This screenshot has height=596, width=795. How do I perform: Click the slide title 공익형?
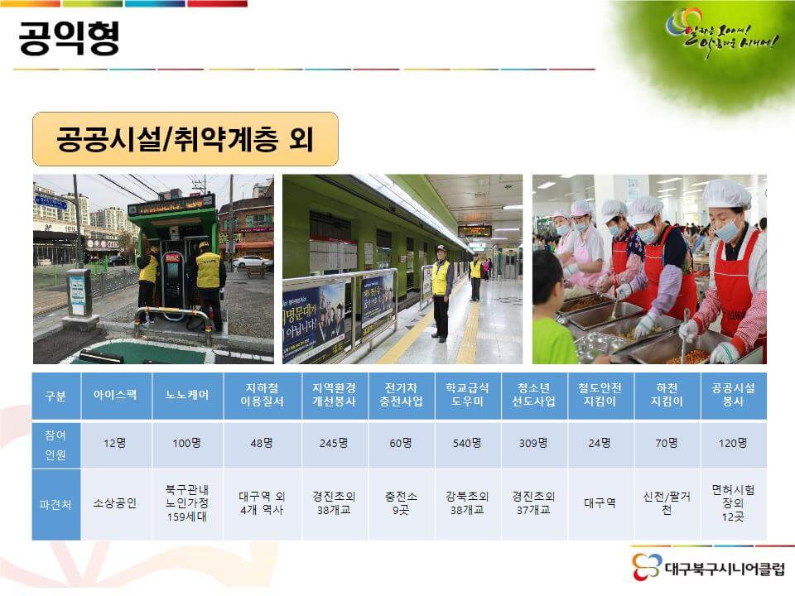pos(70,37)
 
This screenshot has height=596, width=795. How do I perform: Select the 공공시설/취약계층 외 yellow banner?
pos(185,139)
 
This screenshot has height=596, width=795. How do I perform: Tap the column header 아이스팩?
pos(115,396)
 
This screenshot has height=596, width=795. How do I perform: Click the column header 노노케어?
pos(186,396)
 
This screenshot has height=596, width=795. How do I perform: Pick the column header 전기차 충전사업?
pos(401,396)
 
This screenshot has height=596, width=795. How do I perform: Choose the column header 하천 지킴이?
pos(667,396)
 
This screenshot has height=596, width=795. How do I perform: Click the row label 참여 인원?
pos(55,444)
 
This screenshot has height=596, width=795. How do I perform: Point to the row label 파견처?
pos(55,503)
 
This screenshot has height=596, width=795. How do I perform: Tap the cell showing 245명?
pos(334,443)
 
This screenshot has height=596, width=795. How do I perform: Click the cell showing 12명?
pos(115,443)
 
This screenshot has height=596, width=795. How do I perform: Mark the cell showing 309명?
pos(534,443)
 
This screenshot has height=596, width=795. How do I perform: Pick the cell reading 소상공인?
pos(115,503)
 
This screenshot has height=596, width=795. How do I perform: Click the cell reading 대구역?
pos(600,503)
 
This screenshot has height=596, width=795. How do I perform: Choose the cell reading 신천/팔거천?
pos(667,503)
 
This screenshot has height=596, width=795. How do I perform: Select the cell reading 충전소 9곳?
pos(401,503)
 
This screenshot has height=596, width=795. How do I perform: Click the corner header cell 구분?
pos(55,396)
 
